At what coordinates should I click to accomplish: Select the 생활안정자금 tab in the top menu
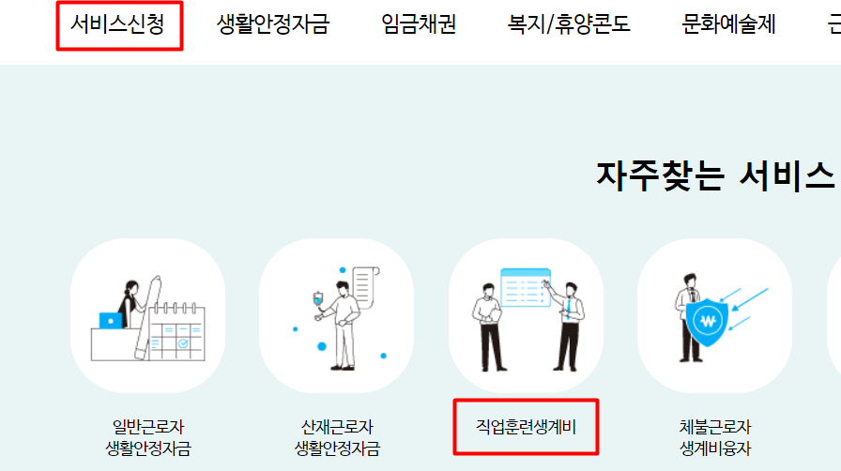coord(273,24)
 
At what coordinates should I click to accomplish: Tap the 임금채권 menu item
coord(419,24)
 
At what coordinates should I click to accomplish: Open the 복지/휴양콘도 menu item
coord(569,24)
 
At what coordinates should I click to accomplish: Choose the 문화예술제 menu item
coord(728,24)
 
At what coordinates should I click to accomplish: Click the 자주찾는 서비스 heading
coord(714,175)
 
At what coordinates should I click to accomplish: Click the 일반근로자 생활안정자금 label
coord(148,437)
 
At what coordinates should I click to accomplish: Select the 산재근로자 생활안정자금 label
coord(337,437)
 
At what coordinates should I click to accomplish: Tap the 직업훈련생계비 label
coord(526,428)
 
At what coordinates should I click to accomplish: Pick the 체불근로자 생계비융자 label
coord(714,437)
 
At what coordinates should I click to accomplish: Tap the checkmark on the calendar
coord(182,343)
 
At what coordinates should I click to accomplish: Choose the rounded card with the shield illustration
coord(714,315)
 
